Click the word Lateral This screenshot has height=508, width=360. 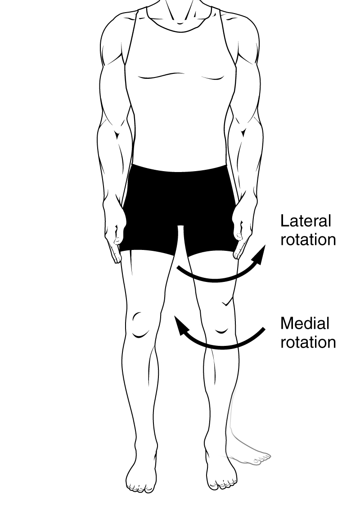point(306,221)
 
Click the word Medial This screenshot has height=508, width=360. point(305,323)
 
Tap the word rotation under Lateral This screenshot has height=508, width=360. point(308,239)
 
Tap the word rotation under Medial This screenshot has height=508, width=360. point(308,342)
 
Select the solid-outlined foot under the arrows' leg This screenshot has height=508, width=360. point(220,475)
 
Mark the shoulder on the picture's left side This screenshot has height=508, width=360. point(115,32)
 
